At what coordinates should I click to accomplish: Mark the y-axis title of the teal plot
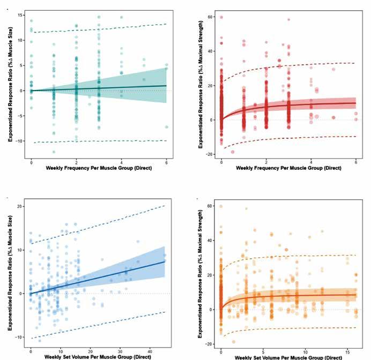pyautogui.click(x=10, y=82)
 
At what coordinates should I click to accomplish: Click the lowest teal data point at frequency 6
pyautogui.click(x=166, y=127)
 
